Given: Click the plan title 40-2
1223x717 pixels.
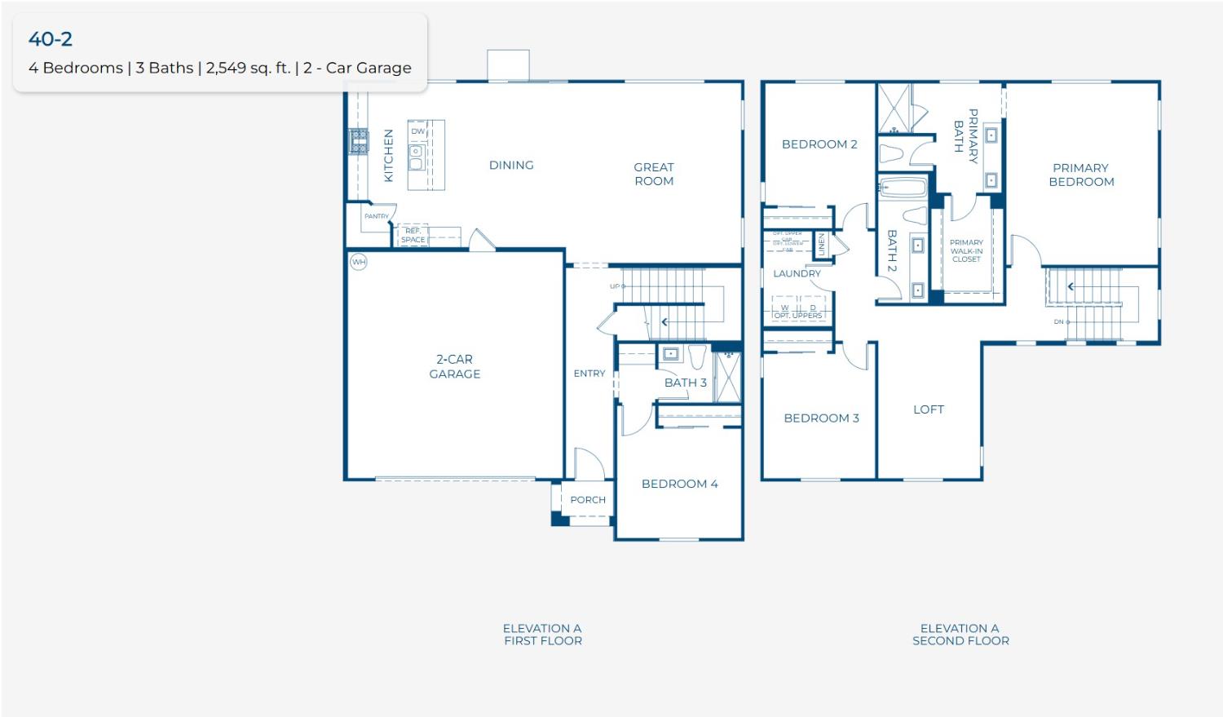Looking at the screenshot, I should [51, 38].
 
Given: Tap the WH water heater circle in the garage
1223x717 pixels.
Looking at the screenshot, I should [359, 262].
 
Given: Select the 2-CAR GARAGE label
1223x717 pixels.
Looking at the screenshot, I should [455, 366].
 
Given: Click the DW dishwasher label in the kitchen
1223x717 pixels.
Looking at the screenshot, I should [418, 131].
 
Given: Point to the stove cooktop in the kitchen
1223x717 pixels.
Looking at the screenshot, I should [359, 141].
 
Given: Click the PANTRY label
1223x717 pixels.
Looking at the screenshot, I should [376, 216].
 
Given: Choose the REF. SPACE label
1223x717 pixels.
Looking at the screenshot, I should [413, 236].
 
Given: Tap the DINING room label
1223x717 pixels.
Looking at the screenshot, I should [511, 165].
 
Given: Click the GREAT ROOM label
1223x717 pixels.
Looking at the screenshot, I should [654, 174].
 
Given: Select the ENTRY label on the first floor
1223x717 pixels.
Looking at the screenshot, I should [589, 374].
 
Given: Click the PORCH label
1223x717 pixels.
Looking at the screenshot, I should [588, 500].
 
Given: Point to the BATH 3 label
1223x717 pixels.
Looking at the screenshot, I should [685, 383].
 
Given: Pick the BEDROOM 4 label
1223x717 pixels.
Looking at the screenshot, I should [679, 484].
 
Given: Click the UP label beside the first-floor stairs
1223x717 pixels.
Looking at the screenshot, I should [615, 286].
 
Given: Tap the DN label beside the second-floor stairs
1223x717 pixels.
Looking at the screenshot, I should [1059, 321].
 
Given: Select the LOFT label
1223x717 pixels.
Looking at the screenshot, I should [929, 409].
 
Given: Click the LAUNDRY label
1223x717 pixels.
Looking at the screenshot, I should [797, 273].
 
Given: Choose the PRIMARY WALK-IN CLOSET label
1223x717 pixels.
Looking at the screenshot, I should [966, 250].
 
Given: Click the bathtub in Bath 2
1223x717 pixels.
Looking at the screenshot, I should [903, 188].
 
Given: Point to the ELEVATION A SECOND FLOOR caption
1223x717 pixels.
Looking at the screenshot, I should [960, 635].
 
